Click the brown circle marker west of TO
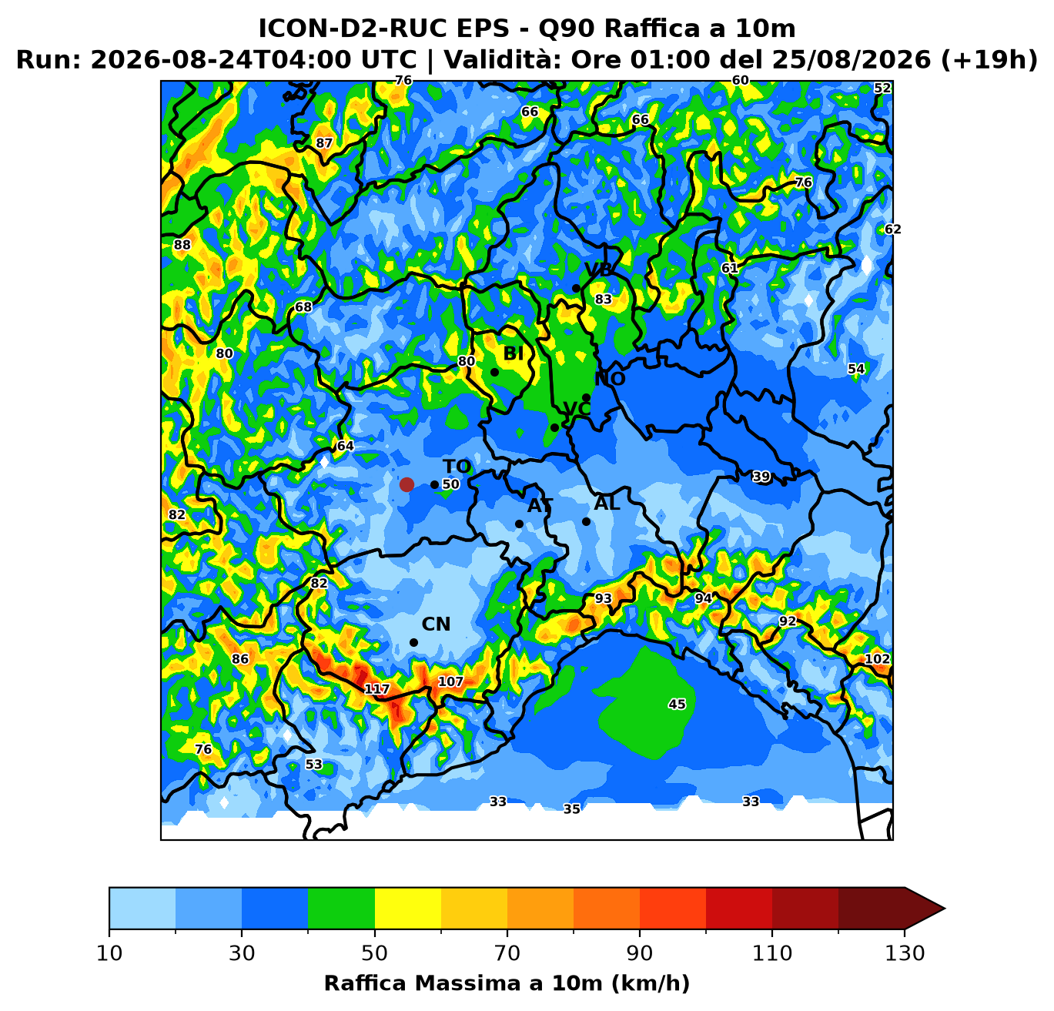(x=407, y=484)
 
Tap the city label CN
(x=436, y=624)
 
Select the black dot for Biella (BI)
(x=494, y=372)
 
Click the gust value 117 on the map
(x=377, y=689)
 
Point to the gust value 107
(x=450, y=681)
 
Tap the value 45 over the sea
(x=677, y=705)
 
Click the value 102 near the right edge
(x=878, y=659)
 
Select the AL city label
(x=607, y=504)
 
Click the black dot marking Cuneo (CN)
(x=413, y=643)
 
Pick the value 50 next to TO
(x=450, y=484)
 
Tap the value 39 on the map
(x=761, y=477)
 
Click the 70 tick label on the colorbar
(x=507, y=952)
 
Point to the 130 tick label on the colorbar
(x=905, y=952)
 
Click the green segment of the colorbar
(x=341, y=908)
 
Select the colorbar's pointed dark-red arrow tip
(x=945, y=908)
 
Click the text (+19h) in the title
(x=989, y=60)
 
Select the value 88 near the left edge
(x=182, y=245)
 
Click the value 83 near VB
(x=604, y=299)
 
